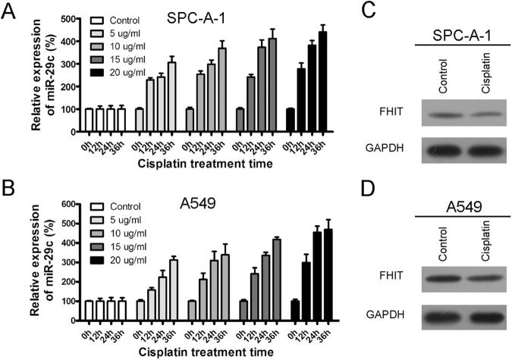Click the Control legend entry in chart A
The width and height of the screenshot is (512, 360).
[117, 20]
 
